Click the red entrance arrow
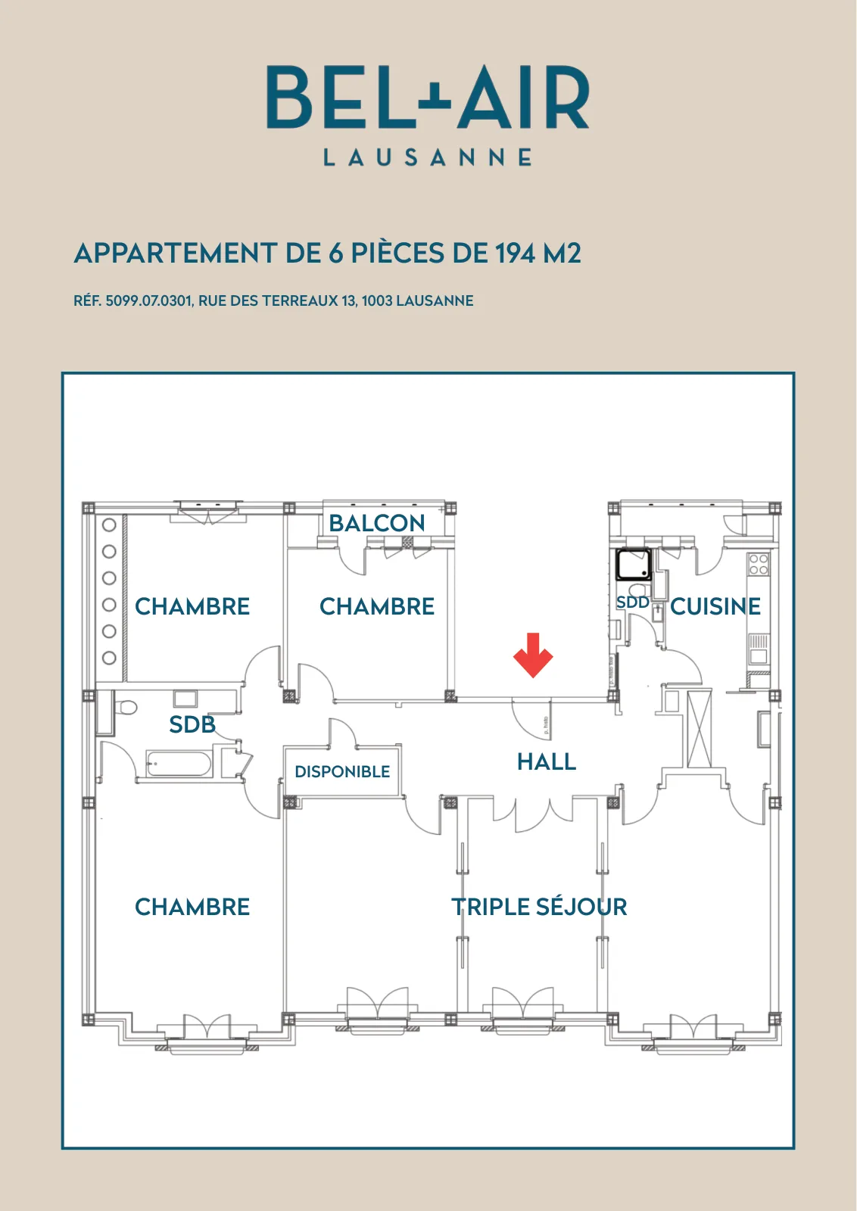pyautogui.click(x=532, y=655)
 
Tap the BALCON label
pyautogui.click(x=377, y=523)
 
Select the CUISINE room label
pyautogui.click(x=715, y=606)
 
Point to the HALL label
pyautogui.click(x=547, y=761)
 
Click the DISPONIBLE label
pyautogui.click(x=342, y=771)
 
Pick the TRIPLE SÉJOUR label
pyautogui.click(x=539, y=907)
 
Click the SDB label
pyautogui.click(x=192, y=724)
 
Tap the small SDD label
pyautogui.click(x=633, y=602)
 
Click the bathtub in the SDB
pyautogui.click(x=179, y=764)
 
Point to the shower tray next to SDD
pyautogui.click(x=634, y=565)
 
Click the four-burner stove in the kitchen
pyautogui.click(x=759, y=565)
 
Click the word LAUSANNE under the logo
pyautogui.click(x=428, y=157)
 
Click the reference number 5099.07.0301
pyautogui.click(x=148, y=300)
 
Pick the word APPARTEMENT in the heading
pyautogui.click(x=176, y=253)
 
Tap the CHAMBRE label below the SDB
pyautogui.click(x=192, y=907)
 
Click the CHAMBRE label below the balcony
pyautogui.click(x=377, y=606)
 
